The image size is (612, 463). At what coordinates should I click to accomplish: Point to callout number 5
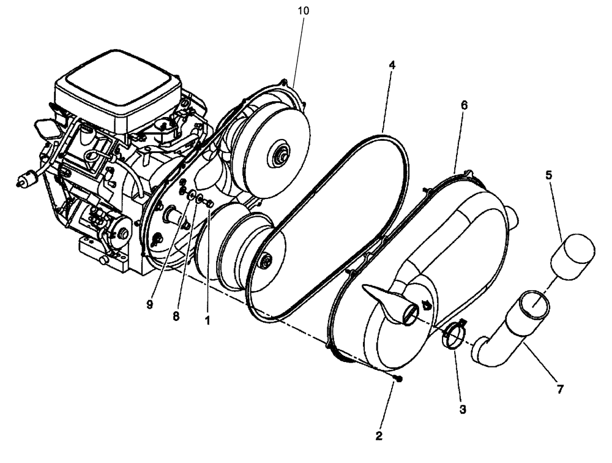(549, 175)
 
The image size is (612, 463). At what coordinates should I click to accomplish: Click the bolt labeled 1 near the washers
(210, 203)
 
